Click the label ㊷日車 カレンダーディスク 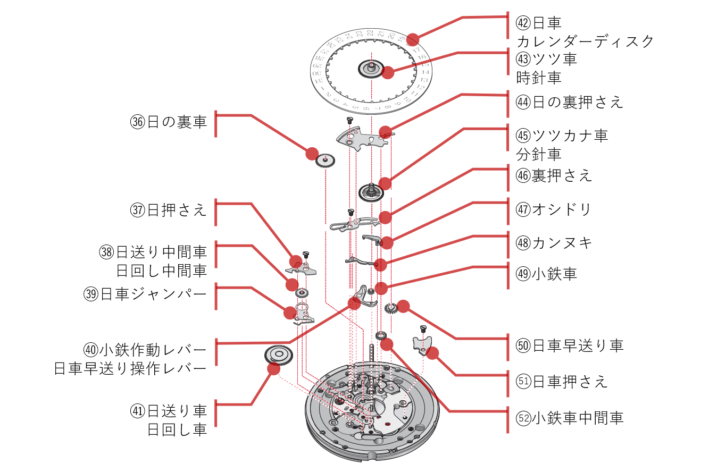[x=584, y=32]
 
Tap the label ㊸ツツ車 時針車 [x=546, y=68]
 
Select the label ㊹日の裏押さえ [x=569, y=102]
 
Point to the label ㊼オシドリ [x=554, y=209]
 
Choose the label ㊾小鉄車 [x=546, y=274]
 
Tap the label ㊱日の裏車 [x=169, y=122]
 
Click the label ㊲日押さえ [x=169, y=210]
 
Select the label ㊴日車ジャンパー [x=145, y=294]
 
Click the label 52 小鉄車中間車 [x=569, y=418]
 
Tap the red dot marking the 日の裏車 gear [x=312, y=154]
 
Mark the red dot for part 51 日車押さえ [x=432, y=352]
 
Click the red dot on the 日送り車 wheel [x=273, y=369]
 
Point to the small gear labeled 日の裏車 [x=325, y=160]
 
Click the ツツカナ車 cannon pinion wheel [x=371, y=191]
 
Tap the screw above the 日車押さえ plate [x=424, y=328]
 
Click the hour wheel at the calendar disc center [x=371, y=68]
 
